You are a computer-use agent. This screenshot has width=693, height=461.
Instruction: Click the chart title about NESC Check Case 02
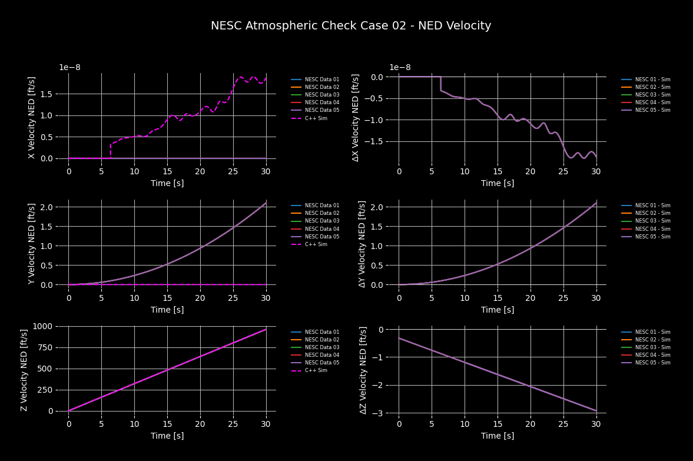[x=351, y=26]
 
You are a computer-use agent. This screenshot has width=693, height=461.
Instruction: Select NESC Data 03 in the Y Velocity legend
[x=321, y=221]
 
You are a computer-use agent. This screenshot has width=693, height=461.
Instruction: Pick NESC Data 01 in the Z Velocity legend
[x=321, y=332]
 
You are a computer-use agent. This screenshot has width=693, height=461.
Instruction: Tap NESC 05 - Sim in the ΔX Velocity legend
[x=652, y=110]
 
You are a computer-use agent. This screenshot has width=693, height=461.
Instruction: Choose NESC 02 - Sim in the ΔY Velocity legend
[x=652, y=213]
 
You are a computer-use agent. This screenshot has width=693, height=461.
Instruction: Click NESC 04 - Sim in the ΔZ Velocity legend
[x=652, y=355]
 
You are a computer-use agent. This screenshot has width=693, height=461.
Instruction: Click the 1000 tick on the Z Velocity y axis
[x=44, y=326]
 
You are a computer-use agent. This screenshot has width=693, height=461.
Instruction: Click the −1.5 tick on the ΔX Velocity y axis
[x=381, y=142]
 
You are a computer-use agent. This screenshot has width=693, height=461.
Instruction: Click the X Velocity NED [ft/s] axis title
[x=32, y=117]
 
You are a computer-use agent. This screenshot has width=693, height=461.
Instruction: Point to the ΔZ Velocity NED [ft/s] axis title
[x=364, y=370]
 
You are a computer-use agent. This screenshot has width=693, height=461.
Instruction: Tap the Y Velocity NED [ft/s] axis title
[x=32, y=244]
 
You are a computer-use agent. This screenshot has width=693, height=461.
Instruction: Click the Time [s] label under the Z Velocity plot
[x=167, y=436]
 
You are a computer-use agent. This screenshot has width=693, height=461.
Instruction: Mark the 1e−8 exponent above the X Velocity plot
[x=69, y=67]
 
